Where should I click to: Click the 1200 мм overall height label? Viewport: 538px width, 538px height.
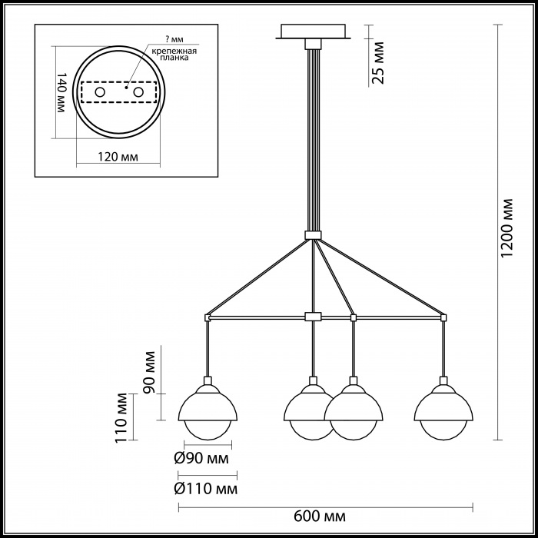tap(506, 227)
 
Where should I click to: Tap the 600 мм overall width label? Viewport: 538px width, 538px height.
tap(320, 516)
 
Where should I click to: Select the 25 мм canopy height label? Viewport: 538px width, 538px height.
tap(378, 63)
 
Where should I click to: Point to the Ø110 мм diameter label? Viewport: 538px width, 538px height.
tap(205, 489)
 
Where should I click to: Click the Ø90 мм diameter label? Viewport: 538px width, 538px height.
tap(201, 458)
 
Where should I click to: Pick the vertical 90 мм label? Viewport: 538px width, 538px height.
tap(149, 372)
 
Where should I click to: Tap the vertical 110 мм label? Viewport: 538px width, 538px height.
tap(121, 418)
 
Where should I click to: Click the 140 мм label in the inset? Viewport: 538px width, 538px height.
tap(61, 92)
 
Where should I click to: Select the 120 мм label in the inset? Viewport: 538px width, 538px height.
tap(118, 157)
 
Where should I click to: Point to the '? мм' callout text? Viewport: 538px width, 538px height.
tap(174, 39)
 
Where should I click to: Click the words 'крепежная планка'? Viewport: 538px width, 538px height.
tap(175, 55)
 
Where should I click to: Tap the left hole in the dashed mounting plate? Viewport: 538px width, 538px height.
tap(100, 92)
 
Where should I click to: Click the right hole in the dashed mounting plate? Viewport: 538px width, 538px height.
tap(138, 92)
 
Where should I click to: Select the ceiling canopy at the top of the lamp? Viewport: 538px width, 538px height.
tap(313, 32)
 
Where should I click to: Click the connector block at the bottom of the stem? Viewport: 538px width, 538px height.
tap(313, 235)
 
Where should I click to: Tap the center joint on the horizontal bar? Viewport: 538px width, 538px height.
tap(313, 317)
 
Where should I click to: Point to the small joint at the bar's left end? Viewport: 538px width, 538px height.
tap(208, 317)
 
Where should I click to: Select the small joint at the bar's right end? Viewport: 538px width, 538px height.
tap(443, 317)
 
